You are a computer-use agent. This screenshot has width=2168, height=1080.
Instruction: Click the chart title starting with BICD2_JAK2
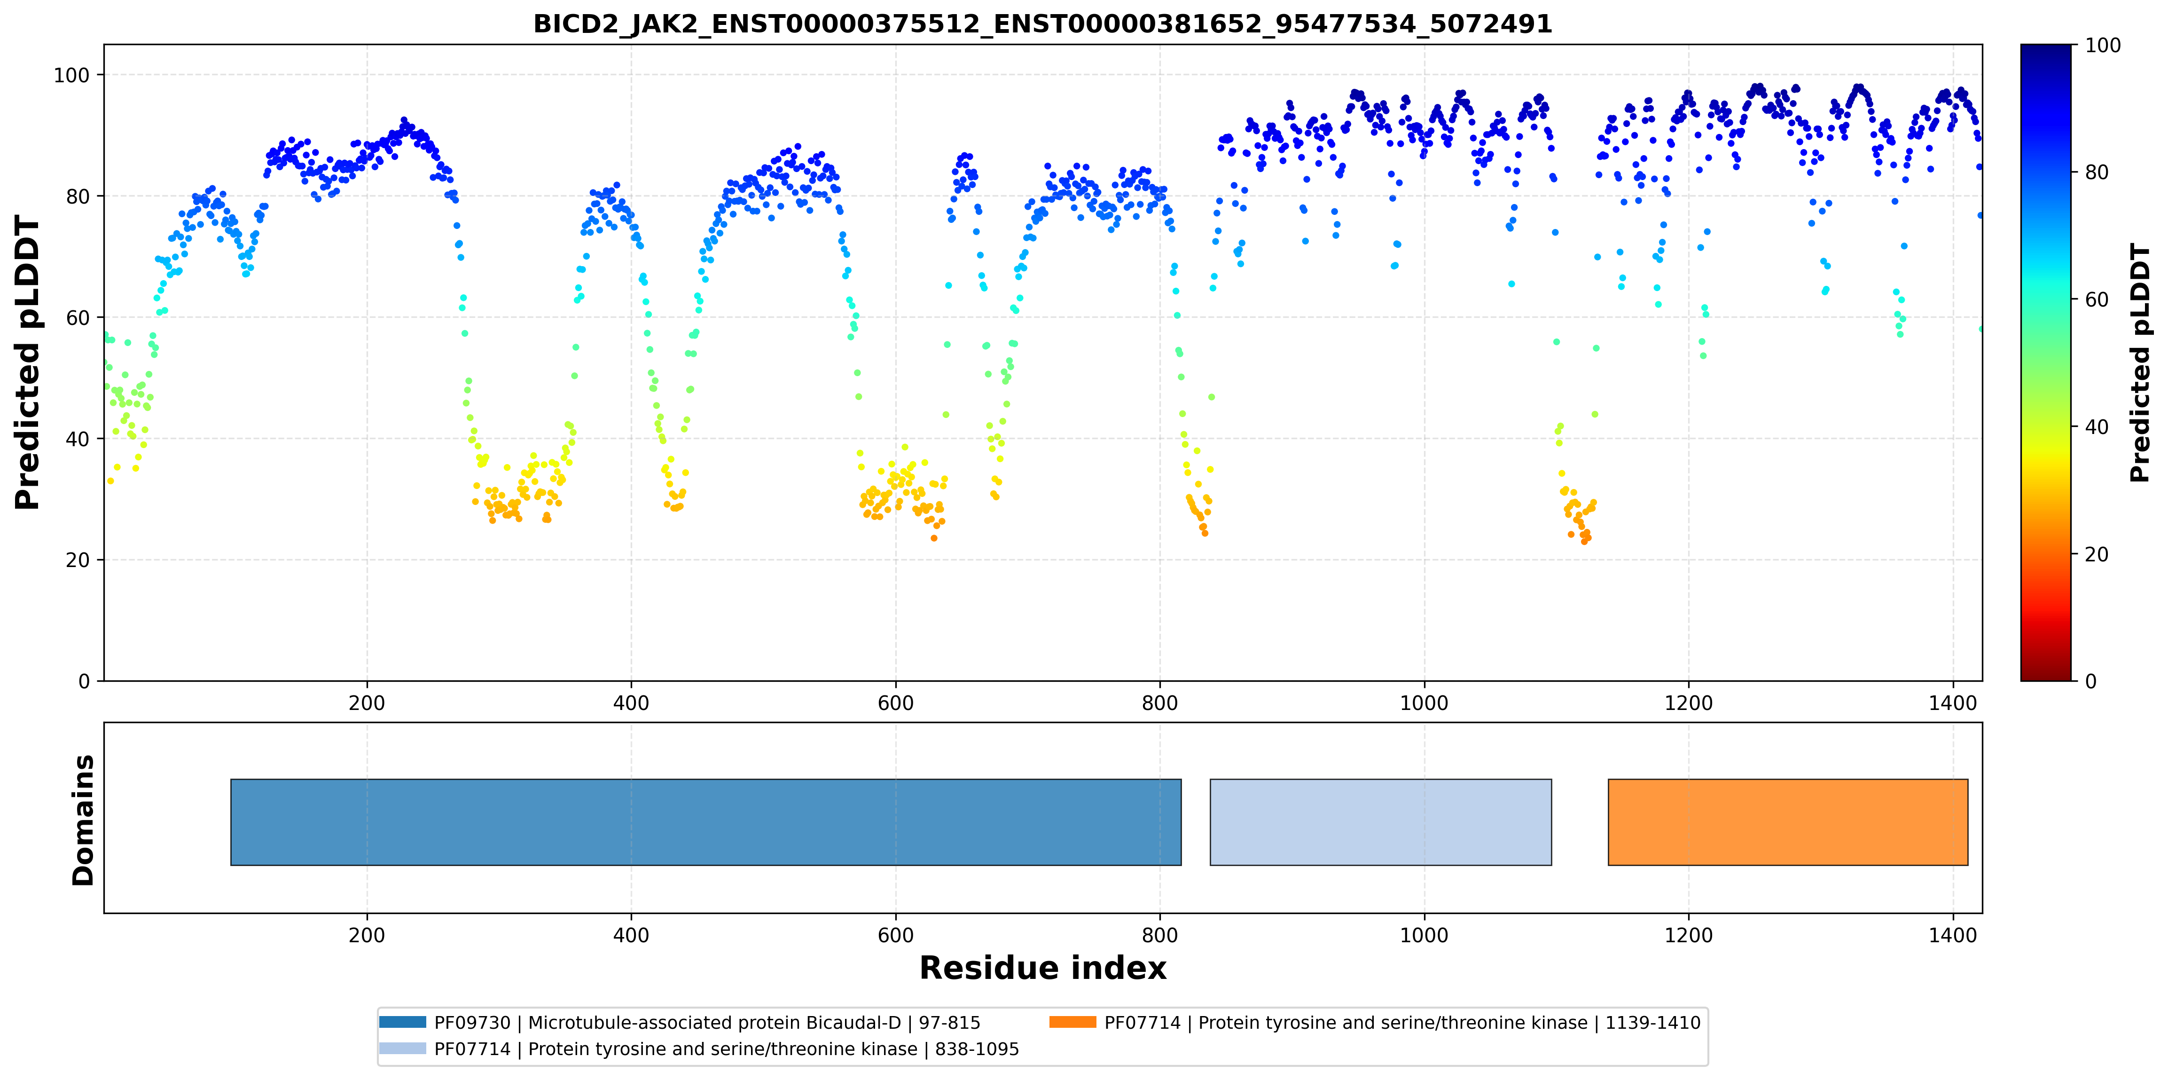1043,24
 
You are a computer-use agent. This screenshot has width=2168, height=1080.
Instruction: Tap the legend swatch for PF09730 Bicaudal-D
402,1022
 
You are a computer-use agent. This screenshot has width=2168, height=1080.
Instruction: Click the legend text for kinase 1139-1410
1402,1023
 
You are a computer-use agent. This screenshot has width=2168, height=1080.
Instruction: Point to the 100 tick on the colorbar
2102,46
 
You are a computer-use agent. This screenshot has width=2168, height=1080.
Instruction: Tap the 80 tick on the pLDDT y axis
78,196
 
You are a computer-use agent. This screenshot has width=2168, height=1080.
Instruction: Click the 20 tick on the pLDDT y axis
78,560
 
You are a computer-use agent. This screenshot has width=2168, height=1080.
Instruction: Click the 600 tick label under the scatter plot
895,703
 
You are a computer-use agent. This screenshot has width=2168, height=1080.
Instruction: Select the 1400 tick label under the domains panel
1953,935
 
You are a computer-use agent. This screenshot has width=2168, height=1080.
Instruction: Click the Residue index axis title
1043,968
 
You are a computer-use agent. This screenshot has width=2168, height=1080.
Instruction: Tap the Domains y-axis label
83,820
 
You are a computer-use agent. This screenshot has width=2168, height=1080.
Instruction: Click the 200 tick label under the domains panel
367,935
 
